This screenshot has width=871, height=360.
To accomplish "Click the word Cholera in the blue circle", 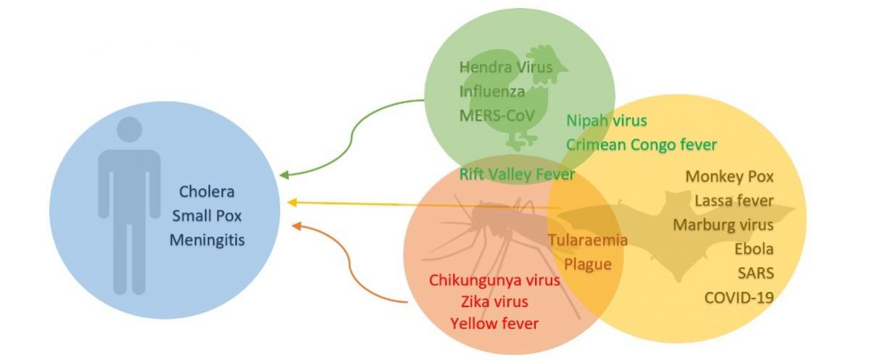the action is (x=206, y=192).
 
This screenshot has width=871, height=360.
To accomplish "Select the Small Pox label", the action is (x=207, y=216).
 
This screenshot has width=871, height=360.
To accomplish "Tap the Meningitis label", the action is (x=208, y=240).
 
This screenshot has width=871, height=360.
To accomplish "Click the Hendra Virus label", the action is (x=506, y=67).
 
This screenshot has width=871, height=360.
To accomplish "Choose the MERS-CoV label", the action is (x=497, y=115).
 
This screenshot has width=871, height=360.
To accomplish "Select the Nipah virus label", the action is (x=607, y=120).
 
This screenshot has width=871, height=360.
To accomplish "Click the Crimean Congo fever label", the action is (x=642, y=145).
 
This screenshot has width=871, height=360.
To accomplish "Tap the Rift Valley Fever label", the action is (x=517, y=175).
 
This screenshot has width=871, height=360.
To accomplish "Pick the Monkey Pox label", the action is (x=729, y=177).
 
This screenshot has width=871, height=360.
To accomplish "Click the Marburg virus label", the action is (x=723, y=225).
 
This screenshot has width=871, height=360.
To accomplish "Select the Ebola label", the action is (x=754, y=249).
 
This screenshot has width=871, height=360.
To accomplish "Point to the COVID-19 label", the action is (x=739, y=298).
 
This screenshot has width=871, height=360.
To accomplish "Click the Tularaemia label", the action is (x=588, y=240).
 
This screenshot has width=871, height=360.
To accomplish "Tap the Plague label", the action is (x=588, y=265).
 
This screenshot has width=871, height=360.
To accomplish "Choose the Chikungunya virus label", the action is (x=494, y=281).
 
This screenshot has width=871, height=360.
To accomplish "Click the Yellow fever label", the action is (x=494, y=324).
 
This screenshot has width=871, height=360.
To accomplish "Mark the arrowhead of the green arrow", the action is (x=285, y=175).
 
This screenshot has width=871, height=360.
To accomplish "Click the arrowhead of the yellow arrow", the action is (x=292, y=202).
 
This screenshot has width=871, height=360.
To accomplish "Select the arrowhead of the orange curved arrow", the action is (x=297, y=226).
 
